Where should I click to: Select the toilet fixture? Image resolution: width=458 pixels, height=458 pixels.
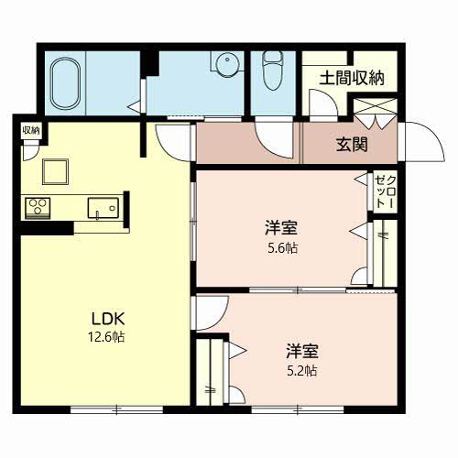coord(274,70)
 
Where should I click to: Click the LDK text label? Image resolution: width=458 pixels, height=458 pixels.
coord(107,319)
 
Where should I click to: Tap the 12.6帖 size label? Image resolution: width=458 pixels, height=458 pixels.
coord(107,337)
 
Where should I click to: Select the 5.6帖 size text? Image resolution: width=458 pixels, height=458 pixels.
coord(282,248)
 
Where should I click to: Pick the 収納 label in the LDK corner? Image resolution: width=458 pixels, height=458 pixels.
coord(30,129)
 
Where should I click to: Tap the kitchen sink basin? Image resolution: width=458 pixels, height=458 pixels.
coord(101,209)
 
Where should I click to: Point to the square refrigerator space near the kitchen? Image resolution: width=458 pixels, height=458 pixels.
coord(53,171)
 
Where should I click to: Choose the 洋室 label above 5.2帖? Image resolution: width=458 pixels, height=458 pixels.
coord(302,350)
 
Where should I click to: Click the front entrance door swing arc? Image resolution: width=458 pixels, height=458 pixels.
coord(418,142)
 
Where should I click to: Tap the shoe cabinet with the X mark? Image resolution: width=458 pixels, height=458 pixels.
coord(375,117)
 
